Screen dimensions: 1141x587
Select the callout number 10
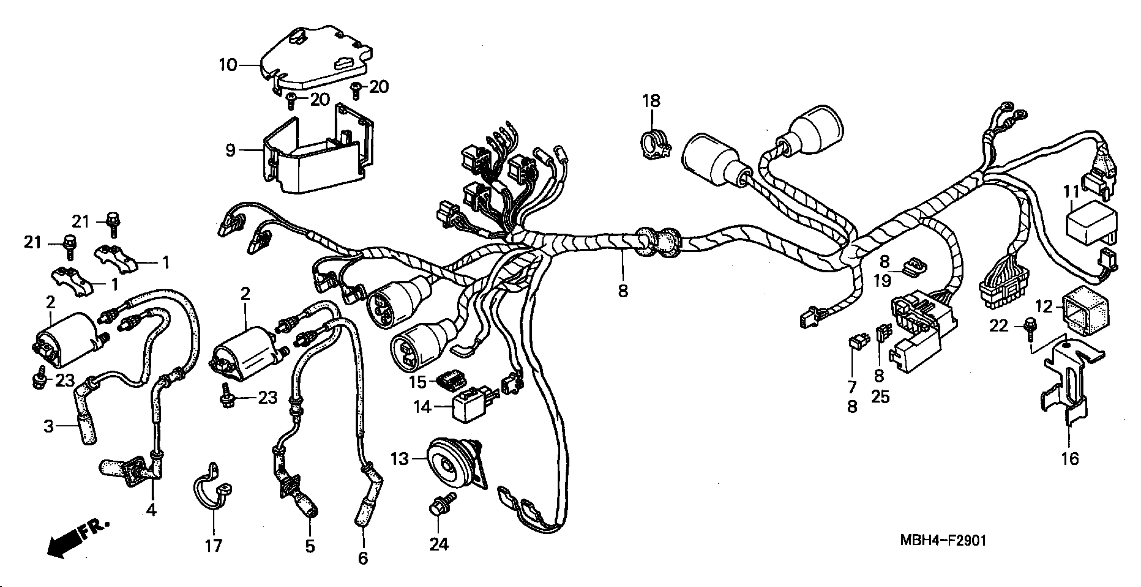228,66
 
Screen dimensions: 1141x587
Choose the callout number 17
213,546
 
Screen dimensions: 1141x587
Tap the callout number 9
230,151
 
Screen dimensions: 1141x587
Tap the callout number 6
363,558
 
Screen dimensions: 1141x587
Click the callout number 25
880,396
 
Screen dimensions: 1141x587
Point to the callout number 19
883,280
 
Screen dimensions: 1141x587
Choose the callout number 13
399,459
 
